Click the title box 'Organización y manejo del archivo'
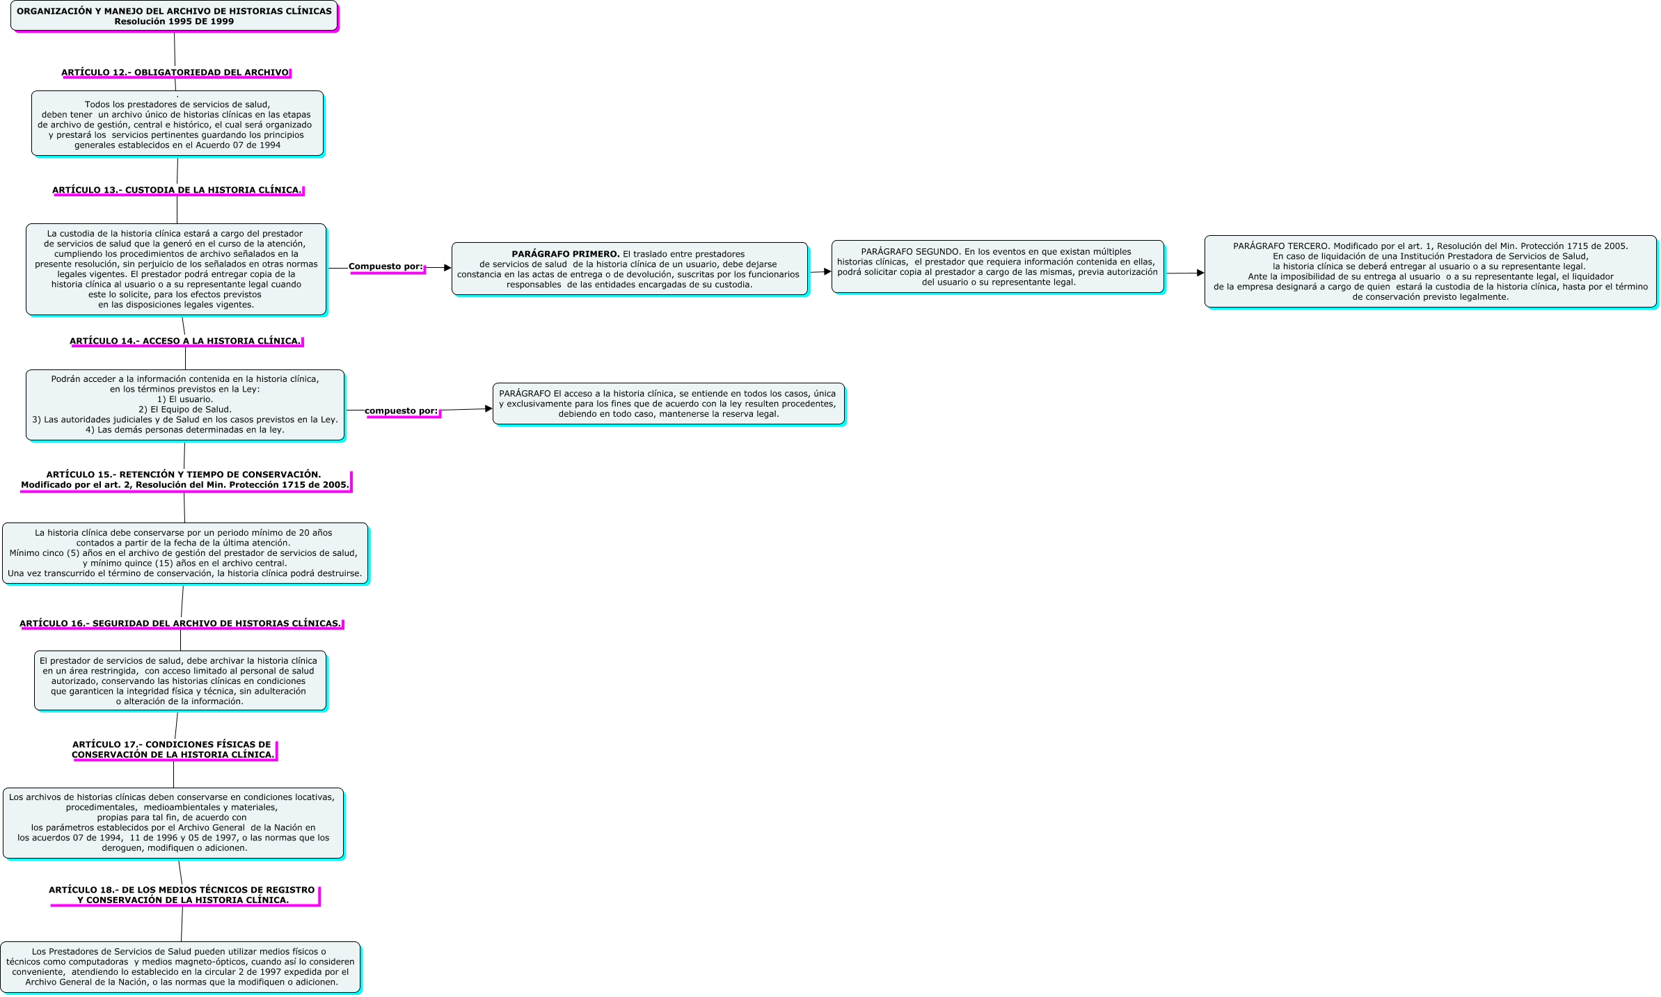tap(174, 16)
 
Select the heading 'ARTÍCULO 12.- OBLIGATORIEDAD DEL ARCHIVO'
tap(175, 72)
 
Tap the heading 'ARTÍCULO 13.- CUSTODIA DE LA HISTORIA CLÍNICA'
tap(177, 190)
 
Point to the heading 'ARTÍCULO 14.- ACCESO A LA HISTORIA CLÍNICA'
tap(185, 341)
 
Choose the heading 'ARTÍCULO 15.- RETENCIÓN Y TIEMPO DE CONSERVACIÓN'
tap(184, 479)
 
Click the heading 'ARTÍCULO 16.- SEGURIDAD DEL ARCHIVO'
tap(180, 623)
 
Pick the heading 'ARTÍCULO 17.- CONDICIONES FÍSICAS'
tap(173, 749)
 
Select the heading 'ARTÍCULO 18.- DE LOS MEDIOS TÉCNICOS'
tap(182, 895)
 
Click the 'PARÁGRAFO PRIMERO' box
tap(629, 269)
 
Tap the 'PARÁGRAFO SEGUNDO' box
tap(996, 266)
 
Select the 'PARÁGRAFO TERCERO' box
tap(1430, 271)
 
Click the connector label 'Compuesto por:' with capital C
tap(386, 266)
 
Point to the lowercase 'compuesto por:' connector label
tap(402, 410)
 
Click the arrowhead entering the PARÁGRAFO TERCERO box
tap(1200, 273)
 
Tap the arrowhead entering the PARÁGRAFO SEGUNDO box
tap(827, 271)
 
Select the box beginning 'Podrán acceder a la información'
tap(185, 404)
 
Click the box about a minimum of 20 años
tap(185, 553)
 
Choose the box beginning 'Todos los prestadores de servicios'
tap(177, 124)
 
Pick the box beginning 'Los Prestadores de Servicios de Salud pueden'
tap(180, 966)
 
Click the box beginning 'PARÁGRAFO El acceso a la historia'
tap(668, 404)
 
